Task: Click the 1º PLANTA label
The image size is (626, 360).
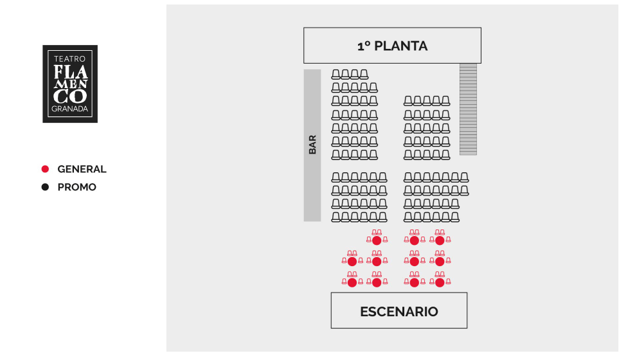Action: pos(392,46)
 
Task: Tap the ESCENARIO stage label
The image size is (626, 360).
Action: pos(399,311)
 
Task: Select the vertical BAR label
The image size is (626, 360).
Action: pos(312,145)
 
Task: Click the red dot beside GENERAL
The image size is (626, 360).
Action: pos(45,169)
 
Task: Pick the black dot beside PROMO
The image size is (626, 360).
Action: pos(45,187)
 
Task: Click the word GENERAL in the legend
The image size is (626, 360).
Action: pos(82,169)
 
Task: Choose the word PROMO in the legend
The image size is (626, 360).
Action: pos(76,187)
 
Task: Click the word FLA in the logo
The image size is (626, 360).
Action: pos(71,72)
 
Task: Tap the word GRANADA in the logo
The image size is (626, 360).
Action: pos(70,109)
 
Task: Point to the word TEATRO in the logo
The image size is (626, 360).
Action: pos(70,59)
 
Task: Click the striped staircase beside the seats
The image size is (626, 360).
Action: pos(468,109)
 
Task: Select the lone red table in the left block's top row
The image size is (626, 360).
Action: pos(377,240)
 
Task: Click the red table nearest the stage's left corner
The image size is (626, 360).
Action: pos(352,283)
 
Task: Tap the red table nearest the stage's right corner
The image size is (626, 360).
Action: pos(440,283)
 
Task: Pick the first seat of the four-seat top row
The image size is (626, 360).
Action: pos(335,74)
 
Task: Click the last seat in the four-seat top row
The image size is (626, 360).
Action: pos(364,74)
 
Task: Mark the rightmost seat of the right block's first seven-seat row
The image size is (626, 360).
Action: pos(464,177)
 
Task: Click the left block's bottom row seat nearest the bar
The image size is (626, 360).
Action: pos(335,217)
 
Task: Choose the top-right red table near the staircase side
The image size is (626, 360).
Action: pos(440,240)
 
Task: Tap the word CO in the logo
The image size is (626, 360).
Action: pos(70,96)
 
